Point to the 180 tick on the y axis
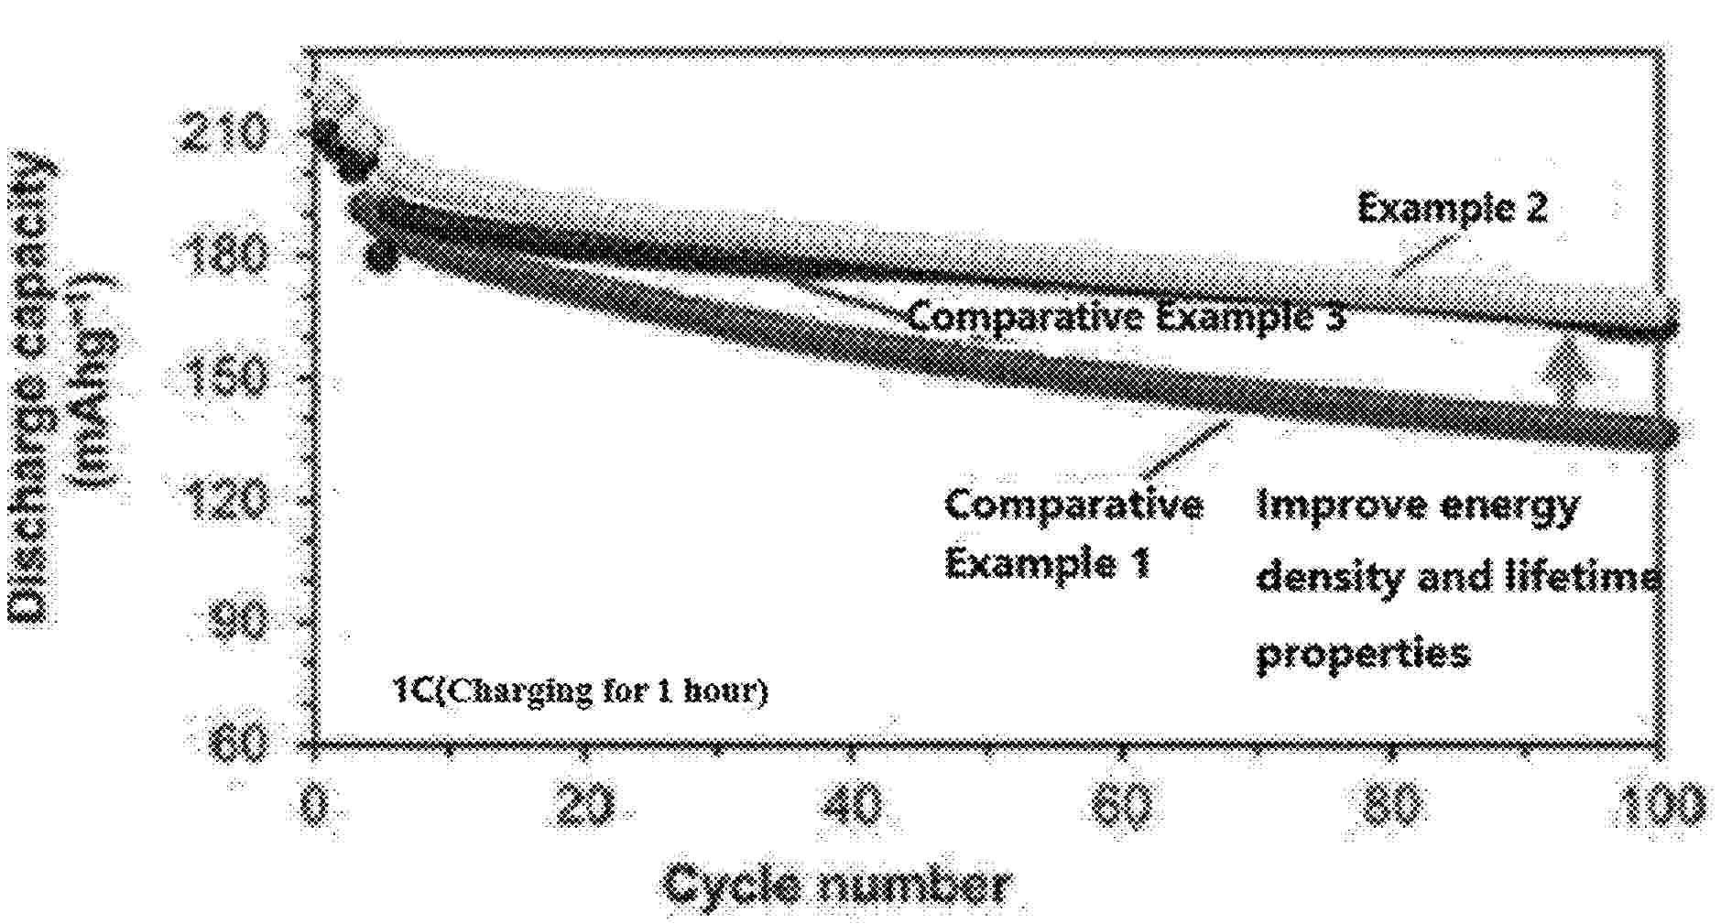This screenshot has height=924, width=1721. click(223, 255)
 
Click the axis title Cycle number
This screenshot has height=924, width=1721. click(835, 885)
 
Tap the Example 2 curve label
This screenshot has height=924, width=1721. click(1452, 209)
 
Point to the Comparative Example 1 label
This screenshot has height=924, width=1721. click(1073, 532)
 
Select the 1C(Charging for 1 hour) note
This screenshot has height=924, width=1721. click(580, 690)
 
